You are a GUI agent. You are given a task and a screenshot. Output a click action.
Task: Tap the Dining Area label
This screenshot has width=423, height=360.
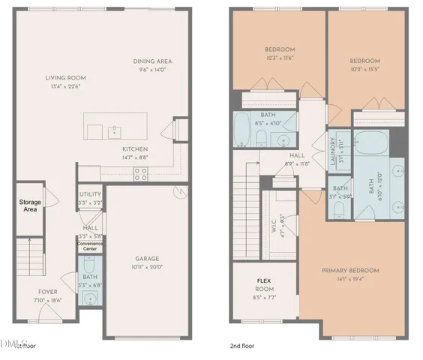click(x=154, y=62)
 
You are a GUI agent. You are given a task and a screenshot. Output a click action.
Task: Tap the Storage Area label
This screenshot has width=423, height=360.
click(x=29, y=205)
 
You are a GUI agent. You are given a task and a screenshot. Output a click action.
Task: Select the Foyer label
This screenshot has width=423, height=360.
click(x=48, y=292)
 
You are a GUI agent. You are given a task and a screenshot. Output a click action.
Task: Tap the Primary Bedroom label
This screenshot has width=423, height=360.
click(x=350, y=271)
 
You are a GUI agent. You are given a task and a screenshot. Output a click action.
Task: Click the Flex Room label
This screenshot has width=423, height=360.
click(x=264, y=284)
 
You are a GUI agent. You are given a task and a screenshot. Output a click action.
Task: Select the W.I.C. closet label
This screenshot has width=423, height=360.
click(x=274, y=226)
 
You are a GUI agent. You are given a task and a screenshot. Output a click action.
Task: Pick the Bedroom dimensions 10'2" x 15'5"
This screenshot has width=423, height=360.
click(x=364, y=70)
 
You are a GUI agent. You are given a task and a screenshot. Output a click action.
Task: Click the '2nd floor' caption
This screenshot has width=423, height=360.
click(x=243, y=346)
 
